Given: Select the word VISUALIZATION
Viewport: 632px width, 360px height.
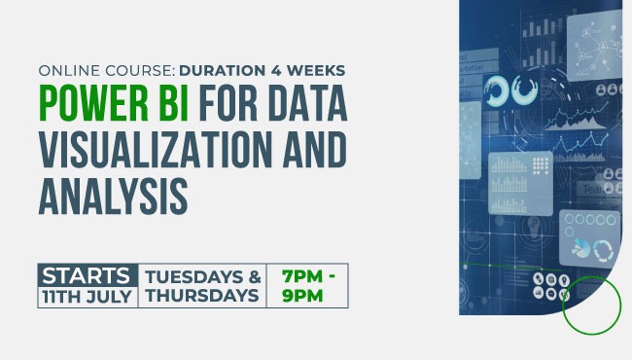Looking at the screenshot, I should click(x=148, y=149).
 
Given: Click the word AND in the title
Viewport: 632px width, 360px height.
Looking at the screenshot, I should click(x=309, y=149).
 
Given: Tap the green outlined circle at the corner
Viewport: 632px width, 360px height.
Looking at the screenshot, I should click(x=591, y=306).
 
